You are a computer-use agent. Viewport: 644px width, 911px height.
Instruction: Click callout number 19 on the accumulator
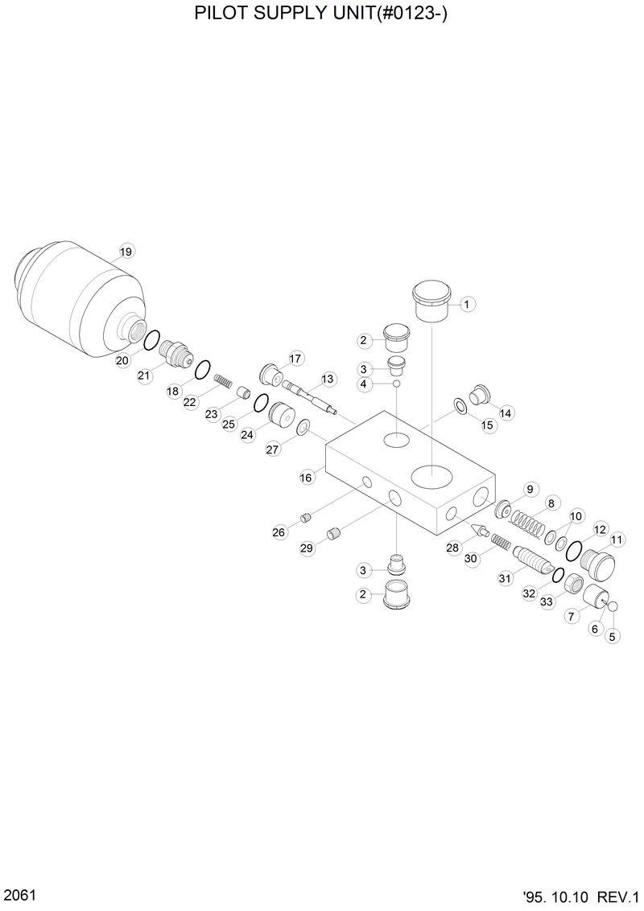coord(126,252)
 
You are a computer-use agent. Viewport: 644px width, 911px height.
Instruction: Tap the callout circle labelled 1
coord(467,304)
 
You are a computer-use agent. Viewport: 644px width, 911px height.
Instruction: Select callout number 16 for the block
coord(306,478)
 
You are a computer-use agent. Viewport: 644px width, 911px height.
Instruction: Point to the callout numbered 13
coord(327,379)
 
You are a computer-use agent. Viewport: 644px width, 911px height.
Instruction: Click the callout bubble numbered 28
coord(452,548)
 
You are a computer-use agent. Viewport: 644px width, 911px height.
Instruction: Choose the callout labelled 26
coord(279,531)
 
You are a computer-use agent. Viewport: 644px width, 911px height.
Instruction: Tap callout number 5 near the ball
coord(613,636)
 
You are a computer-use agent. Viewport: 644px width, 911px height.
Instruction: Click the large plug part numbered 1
coord(432,300)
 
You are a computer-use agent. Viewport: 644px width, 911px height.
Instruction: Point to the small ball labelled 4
coord(397,384)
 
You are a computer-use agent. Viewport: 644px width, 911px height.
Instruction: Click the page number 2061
coord(18,895)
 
